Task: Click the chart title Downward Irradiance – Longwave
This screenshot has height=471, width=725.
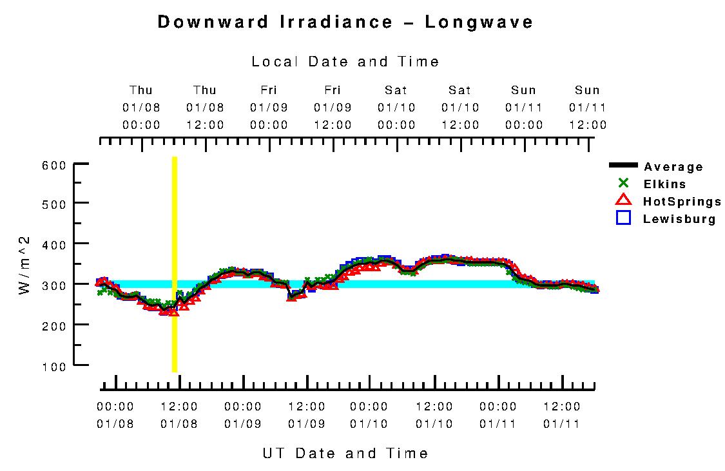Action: tap(345, 22)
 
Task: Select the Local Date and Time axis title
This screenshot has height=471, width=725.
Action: tap(345, 62)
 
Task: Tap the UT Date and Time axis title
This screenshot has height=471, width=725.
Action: tap(345, 453)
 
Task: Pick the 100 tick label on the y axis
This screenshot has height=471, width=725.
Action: tap(57, 366)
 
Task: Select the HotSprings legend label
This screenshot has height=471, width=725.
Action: tap(682, 202)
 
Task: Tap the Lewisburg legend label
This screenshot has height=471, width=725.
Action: tap(679, 219)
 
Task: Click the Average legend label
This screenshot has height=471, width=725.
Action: tap(673, 167)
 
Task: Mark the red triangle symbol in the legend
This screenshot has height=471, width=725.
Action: tap(623, 200)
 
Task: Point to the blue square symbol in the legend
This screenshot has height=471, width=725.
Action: tap(623, 218)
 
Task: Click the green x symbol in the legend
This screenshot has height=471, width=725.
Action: tap(623, 183)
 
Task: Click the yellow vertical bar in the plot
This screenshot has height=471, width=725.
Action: tap(175, 264)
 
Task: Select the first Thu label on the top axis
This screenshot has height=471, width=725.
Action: tap(141, 90)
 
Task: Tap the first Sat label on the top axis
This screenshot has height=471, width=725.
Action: tap(396, 90)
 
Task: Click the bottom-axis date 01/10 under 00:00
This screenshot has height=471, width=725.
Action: tap(369, 424)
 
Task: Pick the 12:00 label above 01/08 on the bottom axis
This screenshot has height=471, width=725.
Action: tap(179, 407)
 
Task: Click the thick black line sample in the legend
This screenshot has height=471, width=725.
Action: tap(623, 166)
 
